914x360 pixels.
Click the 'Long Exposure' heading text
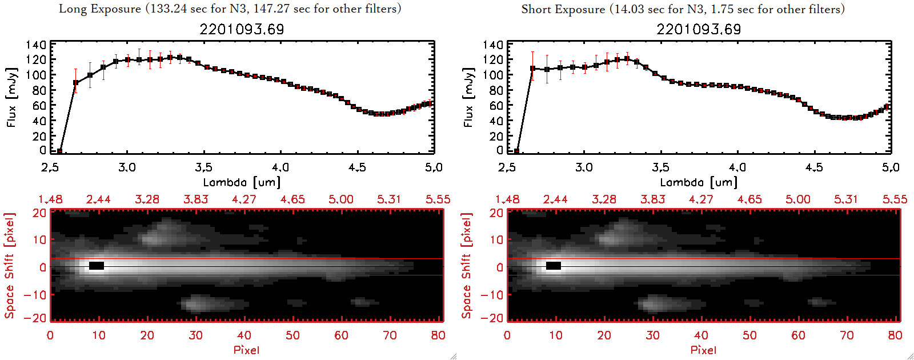(100, 9)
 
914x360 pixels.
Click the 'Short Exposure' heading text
(563, 9)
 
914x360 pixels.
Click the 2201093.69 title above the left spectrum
(242, 29)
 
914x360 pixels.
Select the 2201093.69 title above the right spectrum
(699, 29)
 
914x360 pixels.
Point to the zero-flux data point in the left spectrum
(59, 151)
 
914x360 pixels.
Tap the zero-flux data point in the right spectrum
(516, 151)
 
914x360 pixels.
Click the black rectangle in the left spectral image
(97, 266)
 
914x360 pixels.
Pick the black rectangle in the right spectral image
(554, 266)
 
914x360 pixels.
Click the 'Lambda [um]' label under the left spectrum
(242, 182)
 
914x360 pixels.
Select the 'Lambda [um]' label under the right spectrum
(699, 182)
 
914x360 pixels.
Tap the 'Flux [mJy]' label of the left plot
(11, 97)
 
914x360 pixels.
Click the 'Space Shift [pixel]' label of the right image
(467, 266)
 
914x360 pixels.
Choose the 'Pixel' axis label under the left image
(246, 350)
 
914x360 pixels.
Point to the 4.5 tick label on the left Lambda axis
(357, 167)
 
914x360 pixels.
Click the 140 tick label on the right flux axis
(493, 45)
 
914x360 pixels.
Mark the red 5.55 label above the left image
(438, 199)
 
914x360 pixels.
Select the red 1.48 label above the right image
(507, 199)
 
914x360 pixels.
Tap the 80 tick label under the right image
(895, 335)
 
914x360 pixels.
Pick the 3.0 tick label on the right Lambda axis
(584, 167)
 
